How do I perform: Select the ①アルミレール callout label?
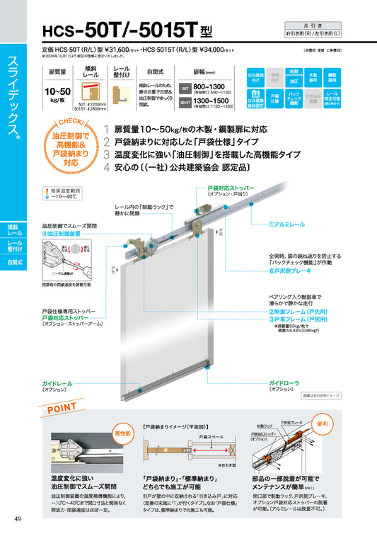287,224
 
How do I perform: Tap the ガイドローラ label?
286,382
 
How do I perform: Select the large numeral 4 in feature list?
106,168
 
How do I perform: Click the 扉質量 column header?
57,72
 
